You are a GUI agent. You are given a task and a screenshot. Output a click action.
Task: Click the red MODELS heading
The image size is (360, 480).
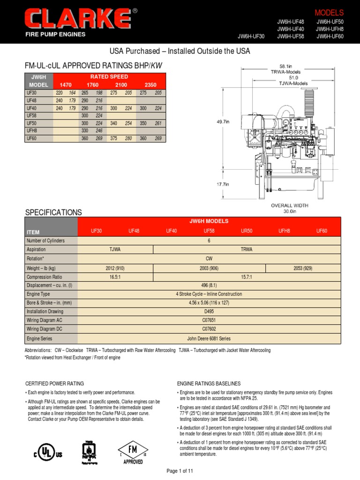(329, 13)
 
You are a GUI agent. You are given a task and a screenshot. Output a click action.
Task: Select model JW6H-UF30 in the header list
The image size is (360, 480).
(251, 37)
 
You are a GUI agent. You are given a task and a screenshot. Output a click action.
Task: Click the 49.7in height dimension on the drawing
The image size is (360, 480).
(223, 121)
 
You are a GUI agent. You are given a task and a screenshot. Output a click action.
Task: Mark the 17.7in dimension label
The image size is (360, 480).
(223, 184)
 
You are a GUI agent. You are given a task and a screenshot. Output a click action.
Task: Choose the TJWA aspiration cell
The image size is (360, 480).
(115, 249)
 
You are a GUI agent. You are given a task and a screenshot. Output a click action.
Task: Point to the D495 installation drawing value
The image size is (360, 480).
(209, 311)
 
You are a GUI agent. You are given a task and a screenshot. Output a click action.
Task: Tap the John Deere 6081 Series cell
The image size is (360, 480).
(209, 338)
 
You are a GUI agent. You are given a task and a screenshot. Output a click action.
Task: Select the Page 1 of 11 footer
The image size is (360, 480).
(180, 470)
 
